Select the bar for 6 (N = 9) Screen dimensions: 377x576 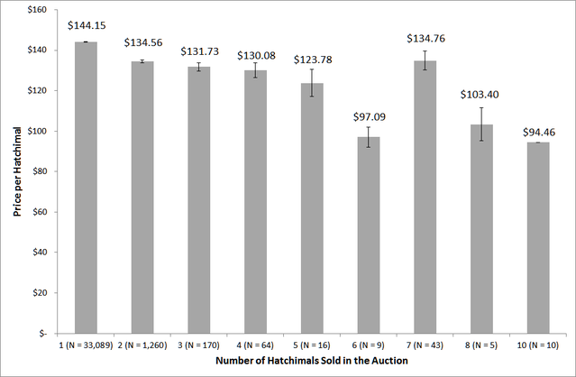tap(368, 234)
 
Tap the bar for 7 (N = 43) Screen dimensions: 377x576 tap(425, 197)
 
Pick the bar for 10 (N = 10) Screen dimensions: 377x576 tap(537, 237)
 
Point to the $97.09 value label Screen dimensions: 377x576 tap(368, 117)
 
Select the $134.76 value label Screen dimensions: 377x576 tap(425, 39)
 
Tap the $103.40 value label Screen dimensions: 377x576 tap(481, 94)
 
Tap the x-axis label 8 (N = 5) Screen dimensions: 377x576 tap(481, 345)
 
